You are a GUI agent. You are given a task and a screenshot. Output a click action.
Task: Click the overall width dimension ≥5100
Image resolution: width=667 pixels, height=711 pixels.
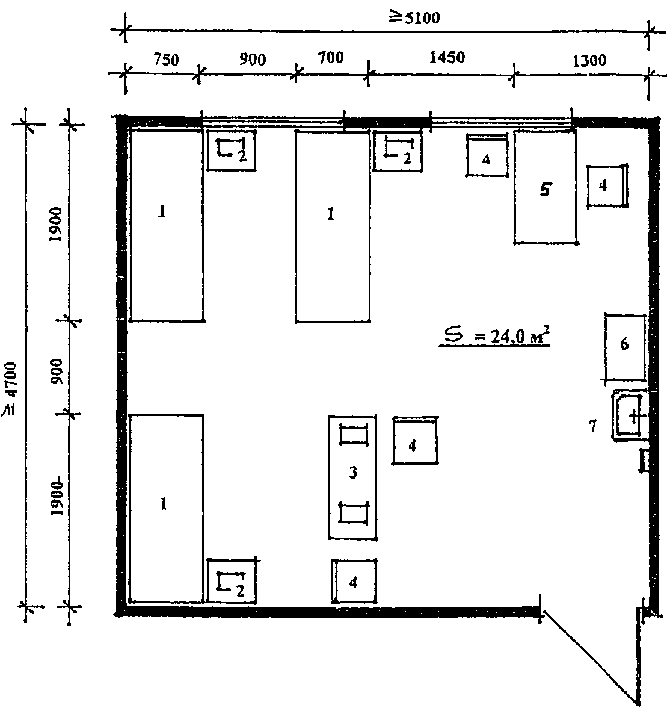(x=414, y=17)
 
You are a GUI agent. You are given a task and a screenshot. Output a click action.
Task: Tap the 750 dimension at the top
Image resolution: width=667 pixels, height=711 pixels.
(x=166, y=60)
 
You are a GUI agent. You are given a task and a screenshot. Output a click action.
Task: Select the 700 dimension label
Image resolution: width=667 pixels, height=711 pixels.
(x=330, y=58)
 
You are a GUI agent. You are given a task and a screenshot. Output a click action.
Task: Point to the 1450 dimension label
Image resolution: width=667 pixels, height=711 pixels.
(x=447, y=57)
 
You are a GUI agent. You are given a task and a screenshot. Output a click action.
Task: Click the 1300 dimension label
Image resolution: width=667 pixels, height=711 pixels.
(x=589, y=60)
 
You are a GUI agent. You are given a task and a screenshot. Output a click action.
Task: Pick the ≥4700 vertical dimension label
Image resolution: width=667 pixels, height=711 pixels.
(x=10, y=388)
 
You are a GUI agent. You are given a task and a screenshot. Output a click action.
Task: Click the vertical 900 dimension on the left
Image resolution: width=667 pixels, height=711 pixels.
(x=57, y=371)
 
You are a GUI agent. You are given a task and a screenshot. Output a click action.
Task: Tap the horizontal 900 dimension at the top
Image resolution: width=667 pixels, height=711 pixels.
(x=253, y=60)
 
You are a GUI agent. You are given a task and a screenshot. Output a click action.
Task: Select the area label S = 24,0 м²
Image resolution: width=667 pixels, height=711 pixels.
(x=495, y=336)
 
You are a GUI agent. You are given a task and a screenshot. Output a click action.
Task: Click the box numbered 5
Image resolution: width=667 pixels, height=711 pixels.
(x=546, y=187)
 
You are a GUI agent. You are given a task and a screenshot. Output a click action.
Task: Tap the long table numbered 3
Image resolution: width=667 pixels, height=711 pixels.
(x=352, y=477)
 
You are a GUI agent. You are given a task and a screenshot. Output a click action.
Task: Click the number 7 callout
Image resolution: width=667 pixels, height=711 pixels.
(x=592, y=426)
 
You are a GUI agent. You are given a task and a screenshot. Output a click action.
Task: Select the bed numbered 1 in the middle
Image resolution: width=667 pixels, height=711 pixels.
(x=333, y=226)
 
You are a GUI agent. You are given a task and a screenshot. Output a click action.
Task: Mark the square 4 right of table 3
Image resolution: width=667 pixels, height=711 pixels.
(x=414, y=440)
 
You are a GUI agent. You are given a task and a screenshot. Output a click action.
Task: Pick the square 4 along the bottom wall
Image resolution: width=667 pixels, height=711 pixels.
(x=354, y=581)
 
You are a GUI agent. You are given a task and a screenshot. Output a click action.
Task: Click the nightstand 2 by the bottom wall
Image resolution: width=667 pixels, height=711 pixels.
(x=232, y=582)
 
